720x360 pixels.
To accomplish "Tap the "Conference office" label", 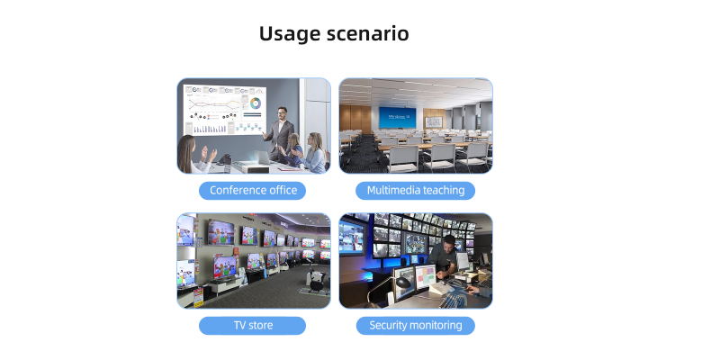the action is (x=253, y=191).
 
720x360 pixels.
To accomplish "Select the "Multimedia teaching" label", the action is (x=416, y=191).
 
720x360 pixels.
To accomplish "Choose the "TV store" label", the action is (x=253, y=326).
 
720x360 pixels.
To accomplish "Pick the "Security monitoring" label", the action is (x=416, y=326).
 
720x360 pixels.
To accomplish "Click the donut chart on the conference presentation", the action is (x=256, y=103).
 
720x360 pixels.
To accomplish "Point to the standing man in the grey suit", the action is (x=279, y=133).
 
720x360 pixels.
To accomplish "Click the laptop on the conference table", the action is (x=263, y=157).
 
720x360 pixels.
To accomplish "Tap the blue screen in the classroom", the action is (x=397, y=118).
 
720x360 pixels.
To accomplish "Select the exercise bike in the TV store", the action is (x=317, y=281).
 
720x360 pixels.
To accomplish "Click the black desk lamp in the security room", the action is (x=400, y=283).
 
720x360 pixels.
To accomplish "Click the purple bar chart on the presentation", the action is (x=208, y=129).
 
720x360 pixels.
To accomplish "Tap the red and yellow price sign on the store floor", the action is (x=198, y=299).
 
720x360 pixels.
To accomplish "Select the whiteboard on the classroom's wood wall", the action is (x=434, y=121).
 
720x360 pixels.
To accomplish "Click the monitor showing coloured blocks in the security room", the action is (x=425, y=276).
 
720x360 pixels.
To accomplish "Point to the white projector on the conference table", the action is (x=250, y=166).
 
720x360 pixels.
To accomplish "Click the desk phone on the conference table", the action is (x=224, y=160).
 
